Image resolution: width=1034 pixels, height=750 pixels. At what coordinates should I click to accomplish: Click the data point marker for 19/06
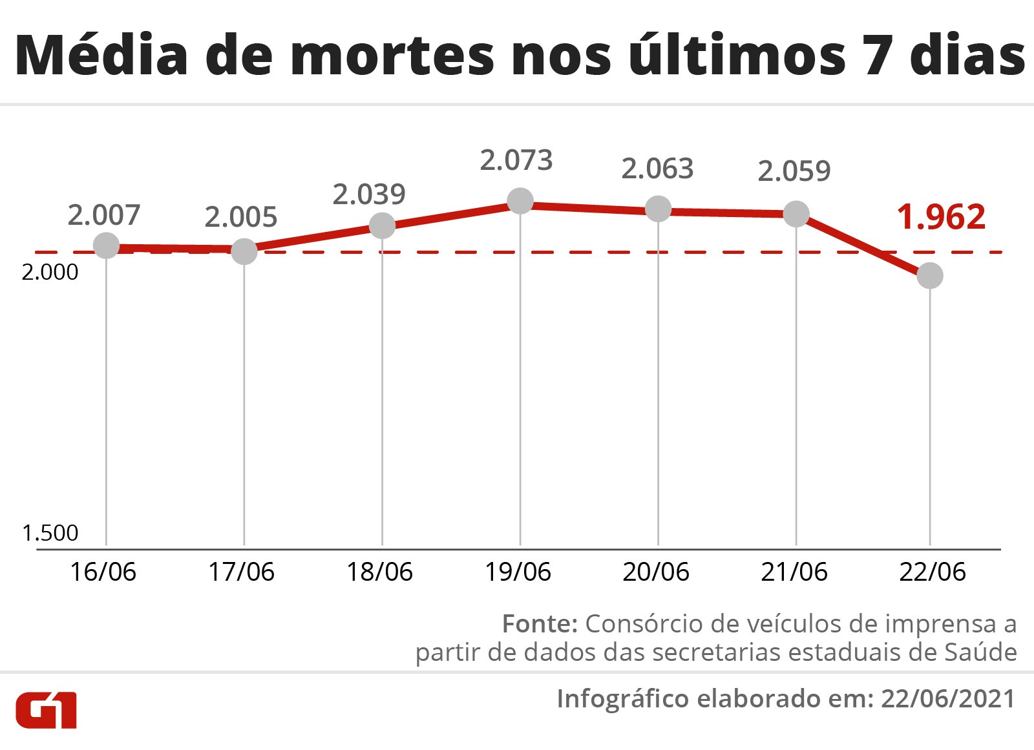coord(520,201)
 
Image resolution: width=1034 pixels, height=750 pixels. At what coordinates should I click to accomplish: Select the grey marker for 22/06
coord(930,276)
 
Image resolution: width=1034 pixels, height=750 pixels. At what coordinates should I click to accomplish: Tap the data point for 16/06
coord(106,245)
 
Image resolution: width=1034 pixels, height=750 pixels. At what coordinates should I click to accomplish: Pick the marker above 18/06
coord(382,226)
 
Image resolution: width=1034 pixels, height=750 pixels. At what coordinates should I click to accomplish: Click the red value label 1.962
coord(941,217)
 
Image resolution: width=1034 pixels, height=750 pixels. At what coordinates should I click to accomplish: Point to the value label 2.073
coord(516,160)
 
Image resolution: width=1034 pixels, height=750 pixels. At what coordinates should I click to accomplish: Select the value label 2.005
coord(241,217)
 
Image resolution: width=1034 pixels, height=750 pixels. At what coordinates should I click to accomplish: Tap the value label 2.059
coord(794,171)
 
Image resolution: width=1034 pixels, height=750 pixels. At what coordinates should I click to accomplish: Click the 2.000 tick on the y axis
coord(50,272)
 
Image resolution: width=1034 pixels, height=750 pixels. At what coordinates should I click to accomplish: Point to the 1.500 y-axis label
coord(50,533)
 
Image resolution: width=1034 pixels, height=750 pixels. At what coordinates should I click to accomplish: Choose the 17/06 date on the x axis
coord(241,572)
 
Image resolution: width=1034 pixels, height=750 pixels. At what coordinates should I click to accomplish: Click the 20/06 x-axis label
coord(656,572)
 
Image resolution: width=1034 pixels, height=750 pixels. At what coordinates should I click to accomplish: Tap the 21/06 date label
coord(794,572)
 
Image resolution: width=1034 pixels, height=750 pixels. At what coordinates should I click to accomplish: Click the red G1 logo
coord(46,710)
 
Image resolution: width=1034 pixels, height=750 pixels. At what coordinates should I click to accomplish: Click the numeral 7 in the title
coord(879,56)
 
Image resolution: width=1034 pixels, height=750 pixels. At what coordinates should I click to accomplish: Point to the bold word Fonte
coord(540,624)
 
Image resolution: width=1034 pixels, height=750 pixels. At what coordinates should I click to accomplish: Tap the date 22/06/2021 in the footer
coord(948,699)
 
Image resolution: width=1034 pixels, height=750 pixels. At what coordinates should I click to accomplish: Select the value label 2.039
coord(369,194)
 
